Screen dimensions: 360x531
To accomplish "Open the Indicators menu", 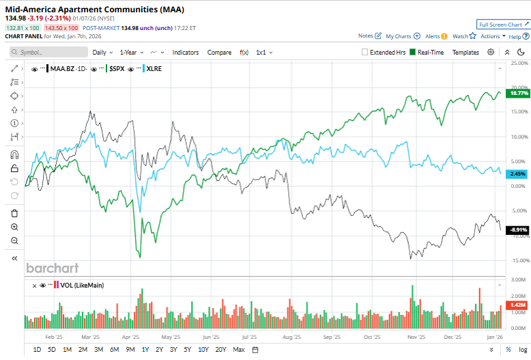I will (186, 52).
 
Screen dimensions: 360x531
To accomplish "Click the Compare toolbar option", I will (219, 52).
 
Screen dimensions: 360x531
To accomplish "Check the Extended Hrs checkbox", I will (364, 52).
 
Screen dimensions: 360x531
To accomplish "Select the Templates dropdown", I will (465, 52).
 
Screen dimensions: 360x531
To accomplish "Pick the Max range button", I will (238, 350).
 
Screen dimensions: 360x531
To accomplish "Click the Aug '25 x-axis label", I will (291, 337).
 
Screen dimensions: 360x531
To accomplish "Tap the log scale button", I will (522, 350).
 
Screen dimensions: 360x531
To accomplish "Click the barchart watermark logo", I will (52, 268).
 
